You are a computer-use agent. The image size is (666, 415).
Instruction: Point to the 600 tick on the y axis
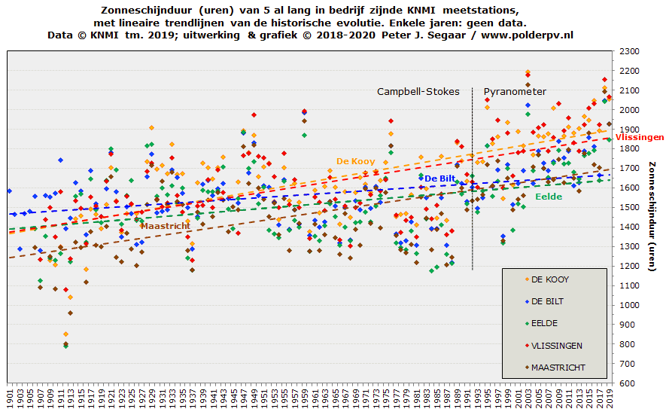click(x=628, y=383)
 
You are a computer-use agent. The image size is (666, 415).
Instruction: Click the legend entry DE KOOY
click(x=550, y=279)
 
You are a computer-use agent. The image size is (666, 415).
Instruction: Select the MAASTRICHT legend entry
click(x=558, y=368)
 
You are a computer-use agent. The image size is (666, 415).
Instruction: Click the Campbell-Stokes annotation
click(x=418, y=92)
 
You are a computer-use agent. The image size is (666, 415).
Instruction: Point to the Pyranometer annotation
click(x=515, y=92)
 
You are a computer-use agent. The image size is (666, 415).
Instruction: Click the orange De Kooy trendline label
click(x=355, y=161)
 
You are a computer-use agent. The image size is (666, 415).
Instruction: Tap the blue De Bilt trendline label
click(x=439, y=179)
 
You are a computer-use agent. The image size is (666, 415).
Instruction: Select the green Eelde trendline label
click(x=549, y=197)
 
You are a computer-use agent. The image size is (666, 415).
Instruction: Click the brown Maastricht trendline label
click(x=165, y=225)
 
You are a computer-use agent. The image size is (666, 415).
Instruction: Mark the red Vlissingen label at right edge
click(x=640, y=137)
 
